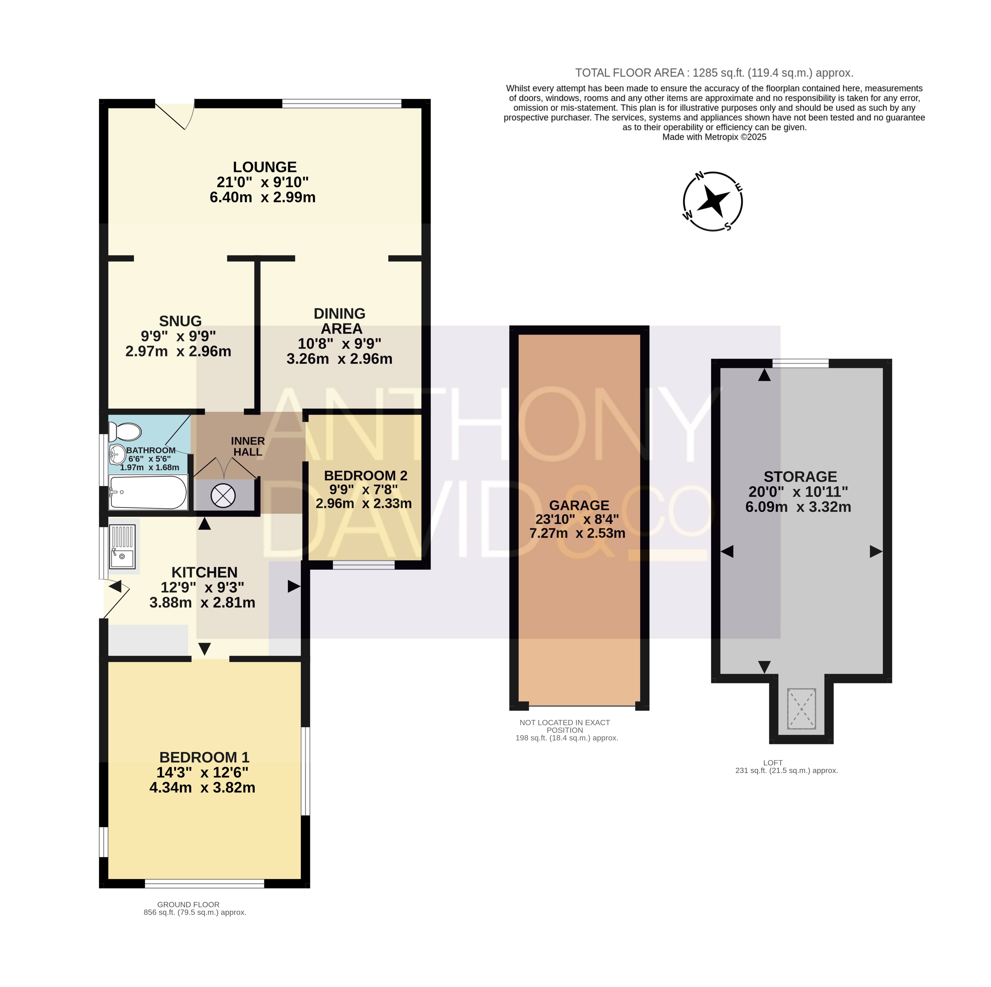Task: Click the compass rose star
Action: coord(714,201)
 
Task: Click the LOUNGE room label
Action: coord(265,167)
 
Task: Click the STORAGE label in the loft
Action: coord(800,476)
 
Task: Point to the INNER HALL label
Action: coord(248,446)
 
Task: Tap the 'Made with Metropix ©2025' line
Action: coord(714,137)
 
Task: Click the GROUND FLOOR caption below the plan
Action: coord(188,904)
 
